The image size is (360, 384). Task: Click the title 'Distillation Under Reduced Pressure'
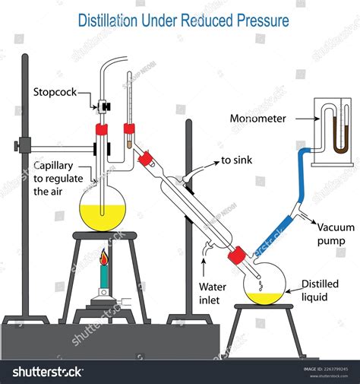pos(184,20)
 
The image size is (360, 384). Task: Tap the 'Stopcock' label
pos(55,93)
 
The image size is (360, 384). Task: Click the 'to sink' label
pos(238,160)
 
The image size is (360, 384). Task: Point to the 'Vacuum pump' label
pos(330,233)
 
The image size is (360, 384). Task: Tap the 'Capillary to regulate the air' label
pos(58,179)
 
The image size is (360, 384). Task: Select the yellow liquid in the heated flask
pos(103,216)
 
